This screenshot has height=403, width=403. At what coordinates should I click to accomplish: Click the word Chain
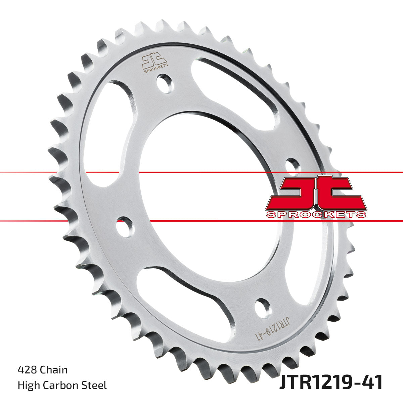tap(54, 370)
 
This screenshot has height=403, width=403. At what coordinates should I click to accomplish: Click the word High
tap(28, 385)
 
